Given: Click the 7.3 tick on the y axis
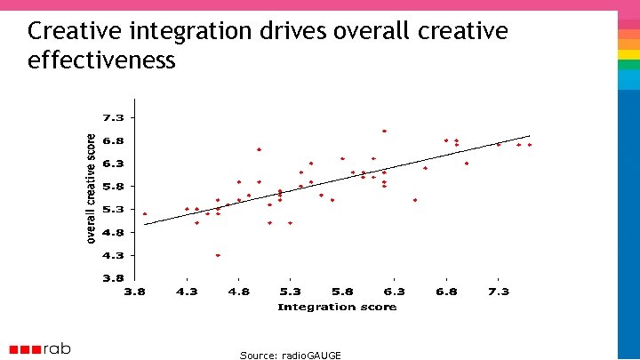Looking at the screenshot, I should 113,117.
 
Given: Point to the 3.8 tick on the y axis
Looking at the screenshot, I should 113,277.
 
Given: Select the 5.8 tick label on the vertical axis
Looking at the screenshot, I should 113,186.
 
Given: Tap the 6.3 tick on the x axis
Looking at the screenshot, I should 394,292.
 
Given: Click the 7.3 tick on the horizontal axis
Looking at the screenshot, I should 498,292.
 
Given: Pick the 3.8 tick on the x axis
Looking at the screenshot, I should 134,292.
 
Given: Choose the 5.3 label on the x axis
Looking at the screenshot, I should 290,292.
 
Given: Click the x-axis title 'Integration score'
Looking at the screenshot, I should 337,307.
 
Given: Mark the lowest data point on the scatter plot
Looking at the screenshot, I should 218,255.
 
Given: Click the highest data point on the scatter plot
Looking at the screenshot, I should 384,131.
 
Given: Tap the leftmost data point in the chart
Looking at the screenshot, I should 145,213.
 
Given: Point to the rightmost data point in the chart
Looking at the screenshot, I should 529,145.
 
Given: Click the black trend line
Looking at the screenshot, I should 338,180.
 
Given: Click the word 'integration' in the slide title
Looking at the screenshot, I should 200,32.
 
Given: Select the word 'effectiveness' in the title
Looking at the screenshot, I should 101,60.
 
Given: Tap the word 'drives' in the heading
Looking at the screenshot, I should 301,32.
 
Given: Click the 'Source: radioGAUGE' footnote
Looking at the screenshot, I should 290,355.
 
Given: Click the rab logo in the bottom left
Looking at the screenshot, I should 40,349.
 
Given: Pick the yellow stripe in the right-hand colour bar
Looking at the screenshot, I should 629,55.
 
